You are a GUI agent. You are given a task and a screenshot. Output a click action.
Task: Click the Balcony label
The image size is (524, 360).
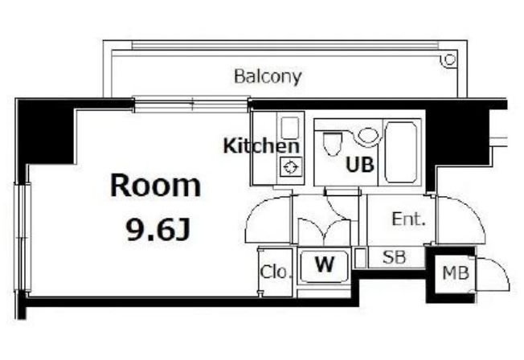tap(268, 77)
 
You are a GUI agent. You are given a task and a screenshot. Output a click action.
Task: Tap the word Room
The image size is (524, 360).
tap(155, 186)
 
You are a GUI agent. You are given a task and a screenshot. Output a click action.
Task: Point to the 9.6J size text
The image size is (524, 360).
tap(158, 231)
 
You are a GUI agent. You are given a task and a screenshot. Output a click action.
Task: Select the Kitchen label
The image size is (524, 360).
tap(260, 146)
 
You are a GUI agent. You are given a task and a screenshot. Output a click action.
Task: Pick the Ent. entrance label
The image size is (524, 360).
tap(408, 219)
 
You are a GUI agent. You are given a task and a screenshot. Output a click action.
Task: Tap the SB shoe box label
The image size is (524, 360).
tap(393, 258)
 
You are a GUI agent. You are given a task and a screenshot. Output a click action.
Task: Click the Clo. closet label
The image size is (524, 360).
tap(274, 272)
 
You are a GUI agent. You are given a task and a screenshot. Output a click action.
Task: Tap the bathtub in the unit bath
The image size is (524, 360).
tap(402, 151)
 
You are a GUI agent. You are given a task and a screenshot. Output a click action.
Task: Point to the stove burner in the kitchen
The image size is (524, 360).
tap(289, 168)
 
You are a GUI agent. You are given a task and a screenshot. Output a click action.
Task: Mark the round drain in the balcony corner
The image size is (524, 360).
tap(450, 59)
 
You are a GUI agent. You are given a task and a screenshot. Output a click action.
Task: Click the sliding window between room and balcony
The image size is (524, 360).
tap(191, 102)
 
